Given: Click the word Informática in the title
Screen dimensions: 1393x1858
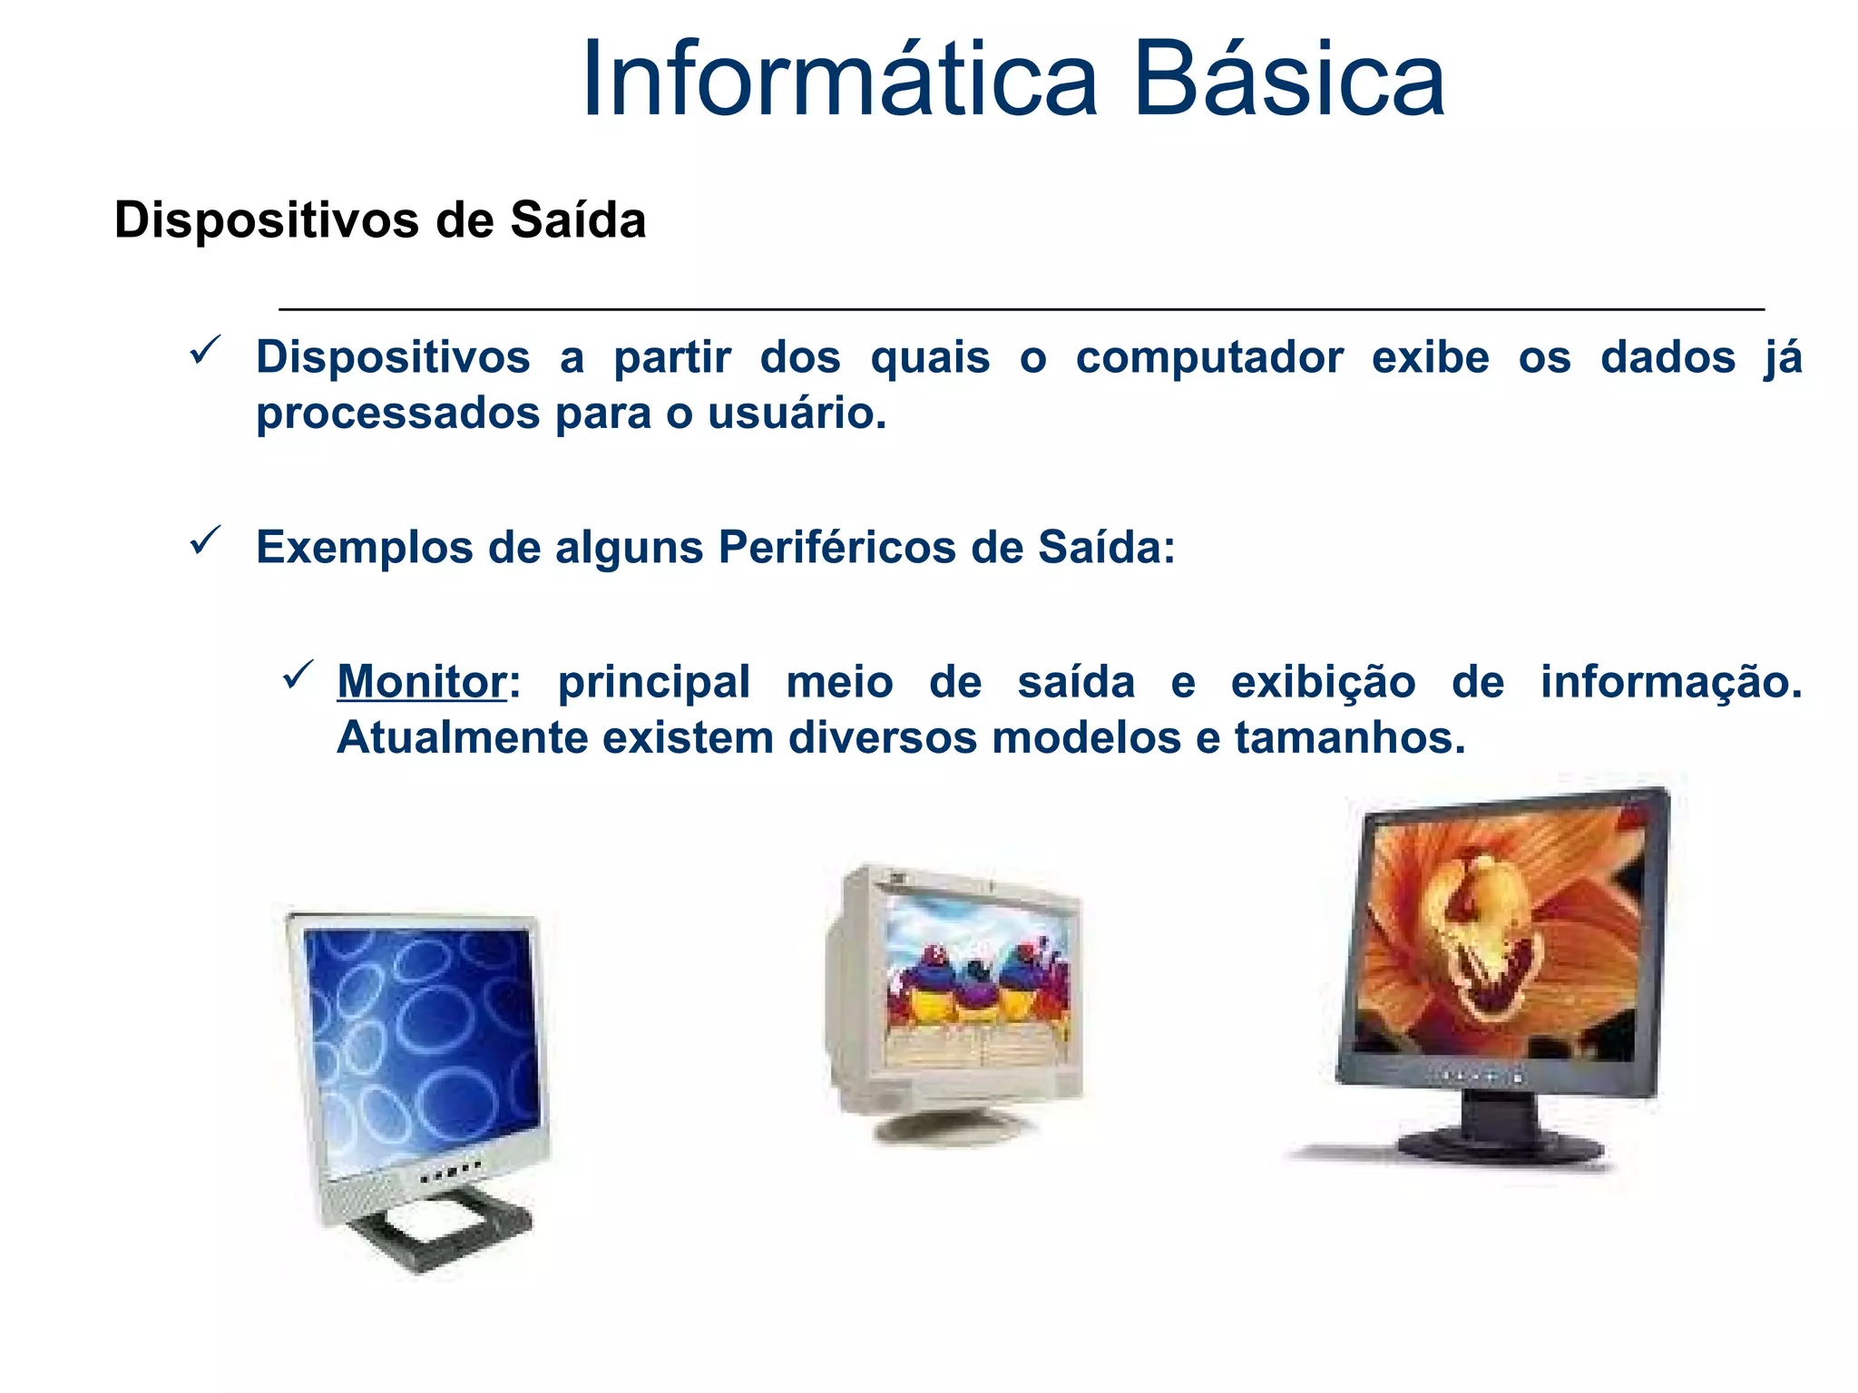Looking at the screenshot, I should tap(839, 80).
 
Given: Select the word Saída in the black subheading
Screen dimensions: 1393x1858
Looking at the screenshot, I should tap(578, 220).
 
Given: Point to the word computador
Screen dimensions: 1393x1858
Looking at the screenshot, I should tap(1209, 357).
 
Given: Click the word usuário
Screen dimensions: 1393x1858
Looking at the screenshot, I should tap(796, 414).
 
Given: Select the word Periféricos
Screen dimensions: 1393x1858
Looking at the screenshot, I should tap(836, 548).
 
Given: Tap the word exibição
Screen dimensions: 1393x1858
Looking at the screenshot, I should tap(1322, 682).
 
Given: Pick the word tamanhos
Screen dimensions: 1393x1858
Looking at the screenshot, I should tap(1349, 737).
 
